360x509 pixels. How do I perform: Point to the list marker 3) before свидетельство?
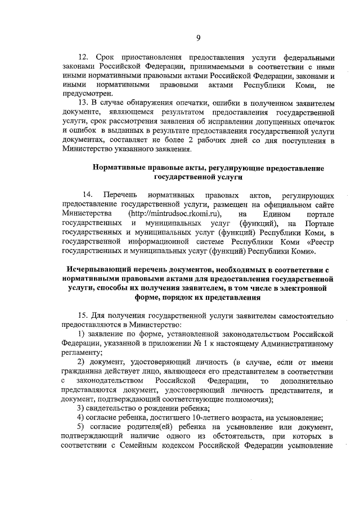point(81,407)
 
